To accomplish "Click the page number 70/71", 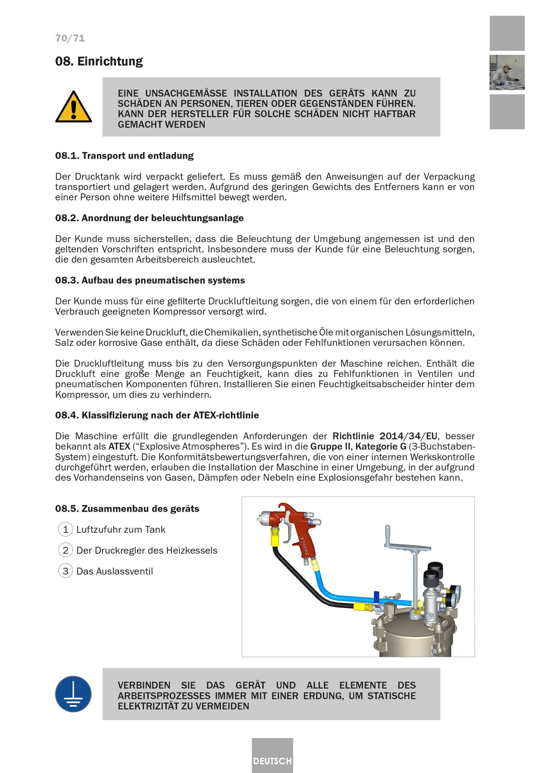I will click(x=70, y=38).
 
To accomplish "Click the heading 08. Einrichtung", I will click(x=99, y=61).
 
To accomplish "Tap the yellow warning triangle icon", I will click(x=74, y=107).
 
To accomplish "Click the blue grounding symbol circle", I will click(x=73, y=694).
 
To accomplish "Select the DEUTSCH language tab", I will click(x=272, y=761).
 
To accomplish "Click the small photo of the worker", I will click(x=507, y=72).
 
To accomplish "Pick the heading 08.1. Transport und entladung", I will click(x=124, y=156).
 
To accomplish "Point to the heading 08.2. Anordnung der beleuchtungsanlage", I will click(x=149, y=218).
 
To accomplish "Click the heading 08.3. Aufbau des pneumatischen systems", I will click(x=150, y=280).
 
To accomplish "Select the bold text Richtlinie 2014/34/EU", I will click(x=385, y=436).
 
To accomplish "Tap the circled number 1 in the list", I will click(x=66, y=529).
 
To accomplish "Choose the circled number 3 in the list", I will click(x=66, y=571).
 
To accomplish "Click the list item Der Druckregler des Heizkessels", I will click(x=147, y=550).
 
